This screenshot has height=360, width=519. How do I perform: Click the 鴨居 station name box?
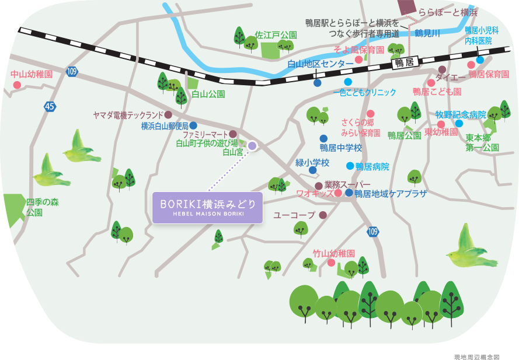pos(403,62)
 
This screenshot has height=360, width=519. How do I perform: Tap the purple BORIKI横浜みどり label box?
pos(207,207)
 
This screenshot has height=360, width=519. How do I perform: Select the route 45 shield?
pos(50,106)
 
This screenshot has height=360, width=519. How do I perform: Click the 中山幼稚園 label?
pos(32,75)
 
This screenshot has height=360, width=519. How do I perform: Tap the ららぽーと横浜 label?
pos(447,12)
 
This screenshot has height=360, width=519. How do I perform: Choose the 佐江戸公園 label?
pos(276,35)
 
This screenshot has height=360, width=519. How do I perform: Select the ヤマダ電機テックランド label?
pos(128,115)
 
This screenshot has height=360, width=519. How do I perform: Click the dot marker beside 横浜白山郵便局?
pos(193,125)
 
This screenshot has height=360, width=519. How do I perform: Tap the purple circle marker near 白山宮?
pos(252,145)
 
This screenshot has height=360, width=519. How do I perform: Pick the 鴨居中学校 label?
pos(341,148)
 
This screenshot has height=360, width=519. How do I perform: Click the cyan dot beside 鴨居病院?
pos(350,166)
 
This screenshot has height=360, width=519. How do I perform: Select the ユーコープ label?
pos(294,215)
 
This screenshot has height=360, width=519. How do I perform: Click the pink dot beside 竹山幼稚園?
pos(331,263)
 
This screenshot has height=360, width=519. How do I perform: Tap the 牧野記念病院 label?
pos(461,114)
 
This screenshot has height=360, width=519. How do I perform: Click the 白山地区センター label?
pos(321,64)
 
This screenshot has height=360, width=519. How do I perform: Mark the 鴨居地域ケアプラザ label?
pos(391,194)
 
